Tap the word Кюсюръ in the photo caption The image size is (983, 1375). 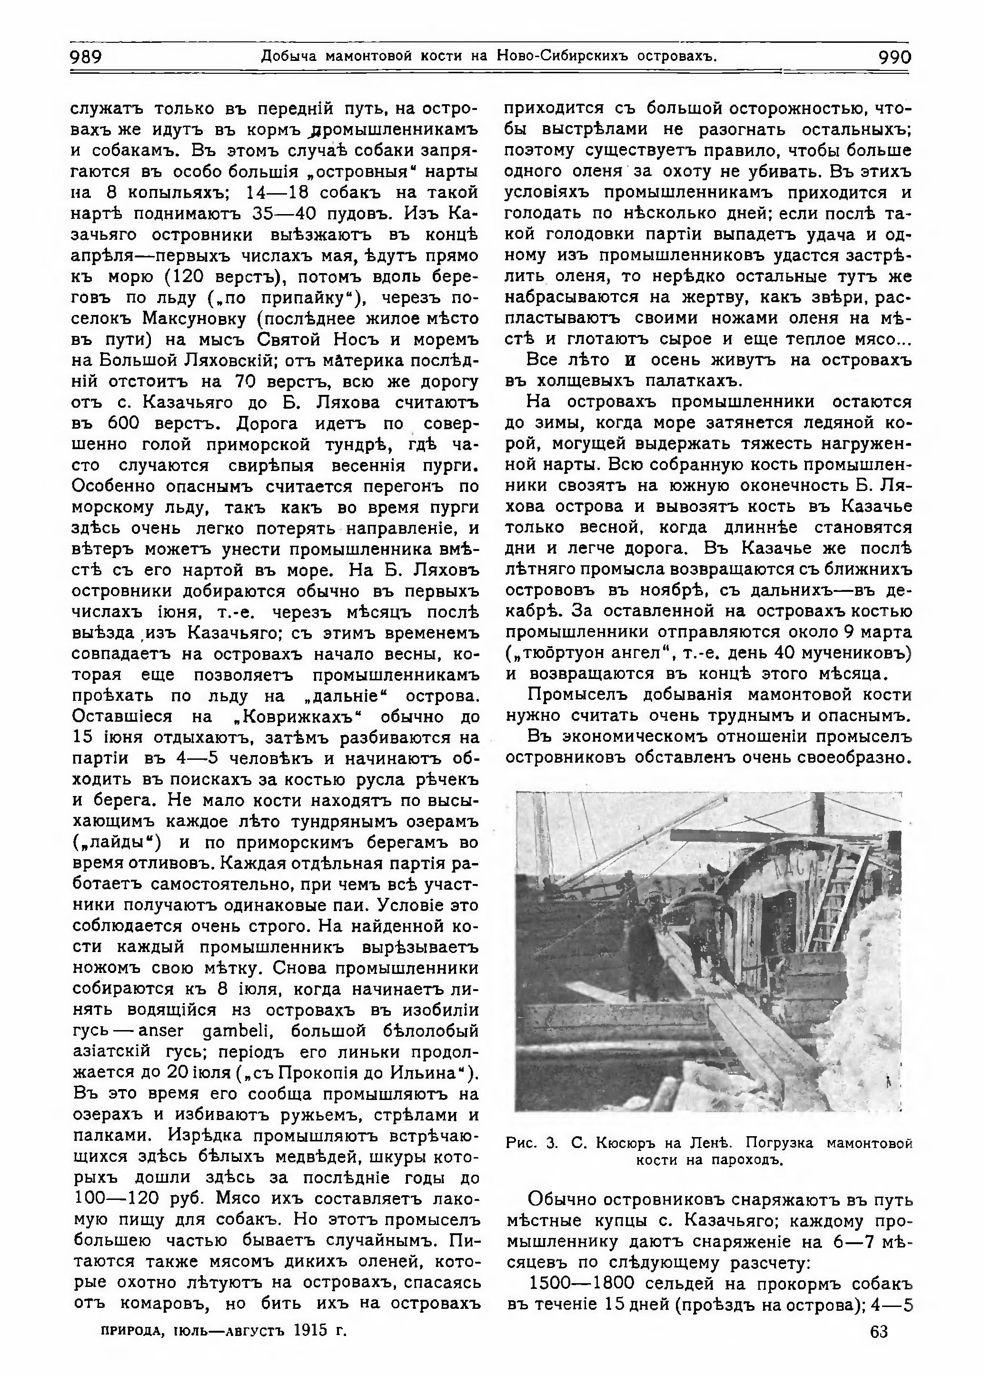point(626,1143)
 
